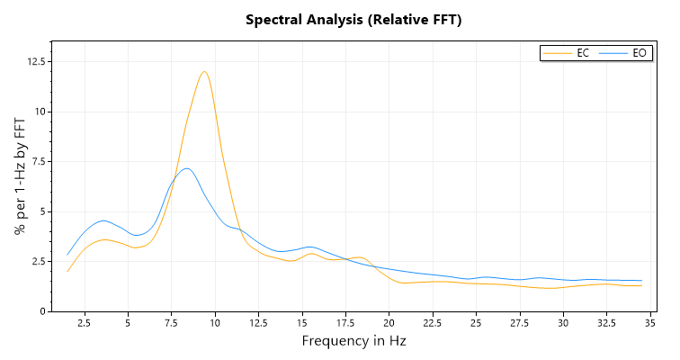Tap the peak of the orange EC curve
tap(205, 72)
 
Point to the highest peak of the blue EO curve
tap(186, 168)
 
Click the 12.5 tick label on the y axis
tap(36, 61)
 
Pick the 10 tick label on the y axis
tap(40, 112)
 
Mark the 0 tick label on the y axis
tap(42, 311)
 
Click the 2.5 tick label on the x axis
tap(84, 323)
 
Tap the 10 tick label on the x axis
tap(215, 323)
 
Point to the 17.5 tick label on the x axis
tap(345, 323)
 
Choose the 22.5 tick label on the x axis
tap(433, 323)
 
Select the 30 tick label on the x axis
tap(563, 323)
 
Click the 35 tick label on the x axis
tap(650, 323)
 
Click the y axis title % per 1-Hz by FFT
tap(20, 176)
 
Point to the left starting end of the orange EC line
tap(67, 271)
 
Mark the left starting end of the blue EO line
tap(67, 254)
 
